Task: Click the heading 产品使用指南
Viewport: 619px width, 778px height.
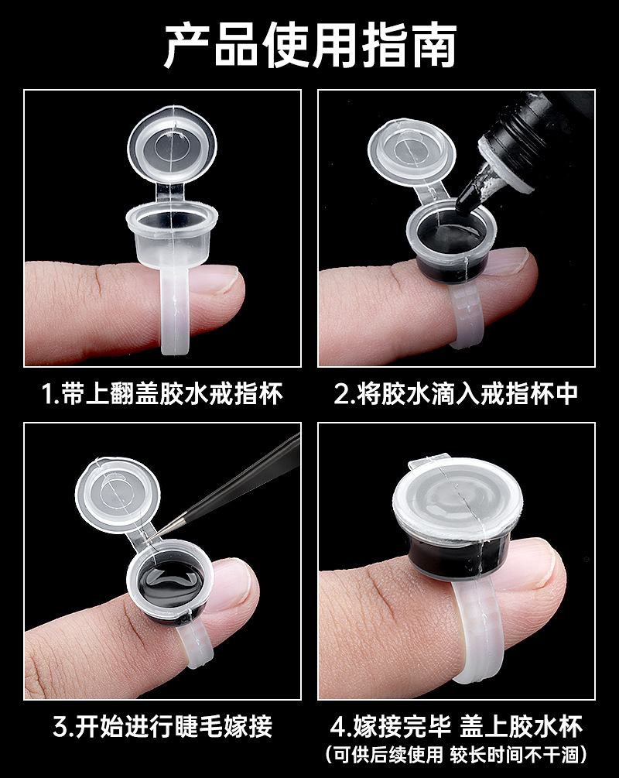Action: coord(310,46)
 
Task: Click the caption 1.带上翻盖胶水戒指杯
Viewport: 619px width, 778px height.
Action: coord(162,394)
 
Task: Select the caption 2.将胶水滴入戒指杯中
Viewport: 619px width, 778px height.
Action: coord(456,394)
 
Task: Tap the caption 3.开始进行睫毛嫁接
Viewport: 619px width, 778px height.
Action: coord(162,727)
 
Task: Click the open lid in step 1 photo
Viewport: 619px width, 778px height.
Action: coord(172,145)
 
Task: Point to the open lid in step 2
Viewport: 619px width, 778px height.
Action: coord(412,152)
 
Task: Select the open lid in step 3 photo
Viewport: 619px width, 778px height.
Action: coord(118,495)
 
